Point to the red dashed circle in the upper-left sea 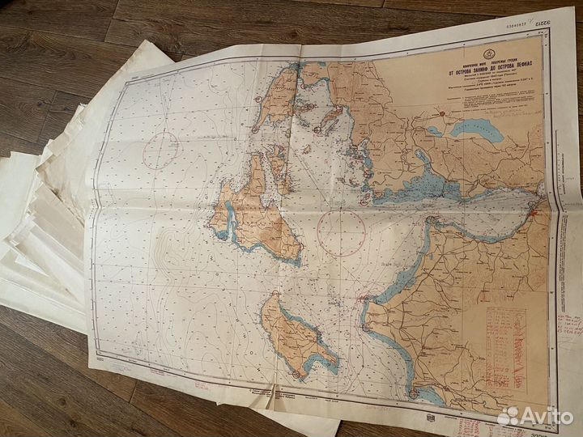pos(161,150)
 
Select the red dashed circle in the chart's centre pos(342,233)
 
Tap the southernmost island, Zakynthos pos(296,336)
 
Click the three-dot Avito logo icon pos(508,415)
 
